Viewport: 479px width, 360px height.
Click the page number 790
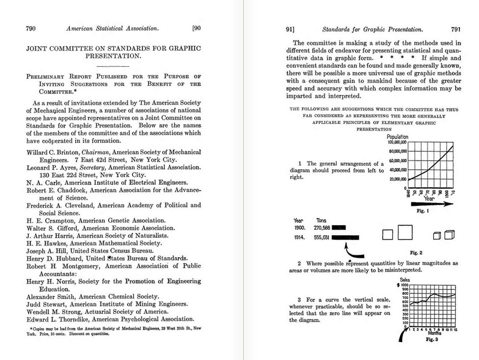(x=31, y=29)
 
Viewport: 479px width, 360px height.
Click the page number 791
(x=456, y=29)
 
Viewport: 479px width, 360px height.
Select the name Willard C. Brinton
(x=52, y=152)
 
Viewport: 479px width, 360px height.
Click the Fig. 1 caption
(x=422, y=211)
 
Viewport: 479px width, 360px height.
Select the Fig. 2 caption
(x=416, y=253)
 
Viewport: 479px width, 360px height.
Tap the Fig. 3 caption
(x=432, y=339)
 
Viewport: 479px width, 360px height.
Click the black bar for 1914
(x=345, y=237)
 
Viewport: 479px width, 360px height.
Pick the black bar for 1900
(x=339, y=227)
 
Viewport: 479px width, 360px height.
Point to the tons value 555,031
(x=321, y=237)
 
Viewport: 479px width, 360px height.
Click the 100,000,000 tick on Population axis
(x=397, y=142)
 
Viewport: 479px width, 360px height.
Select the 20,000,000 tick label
(x=398, y=179)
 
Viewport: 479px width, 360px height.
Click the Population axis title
(x=397, y=136)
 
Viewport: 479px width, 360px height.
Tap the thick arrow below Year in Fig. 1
(x=432, y=204)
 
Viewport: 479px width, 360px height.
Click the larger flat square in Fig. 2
(x=405, y=232)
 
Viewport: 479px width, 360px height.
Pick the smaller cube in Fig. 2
(x=437, y=236)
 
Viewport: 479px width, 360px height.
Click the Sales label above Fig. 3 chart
(x=405, y=280)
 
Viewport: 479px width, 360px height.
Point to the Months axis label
(x=435, y=333)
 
